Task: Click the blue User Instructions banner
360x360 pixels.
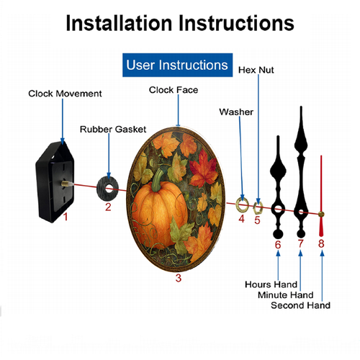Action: coord(177,65)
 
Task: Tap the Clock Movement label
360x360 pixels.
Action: coord(65,94)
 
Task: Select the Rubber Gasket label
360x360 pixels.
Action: coord(113,130)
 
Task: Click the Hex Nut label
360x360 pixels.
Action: coord(256,70)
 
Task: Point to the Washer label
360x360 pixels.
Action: coord(236,112)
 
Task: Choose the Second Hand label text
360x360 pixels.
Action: coord(301,305)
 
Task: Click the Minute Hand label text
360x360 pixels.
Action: coord(286,294)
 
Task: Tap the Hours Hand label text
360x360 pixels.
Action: coord(271,284)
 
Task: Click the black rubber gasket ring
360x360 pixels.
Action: coord(102,189)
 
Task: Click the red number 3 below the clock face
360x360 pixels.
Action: coord(179,278)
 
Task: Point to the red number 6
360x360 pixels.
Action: coord(278,245)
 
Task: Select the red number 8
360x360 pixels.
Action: coord(321,243)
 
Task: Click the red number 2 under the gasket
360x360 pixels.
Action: coord(108,207)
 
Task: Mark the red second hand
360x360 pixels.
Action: coord(321,196)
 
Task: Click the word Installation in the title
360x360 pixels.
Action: coord(119,23)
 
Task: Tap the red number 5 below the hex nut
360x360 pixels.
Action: coord(257,220)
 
